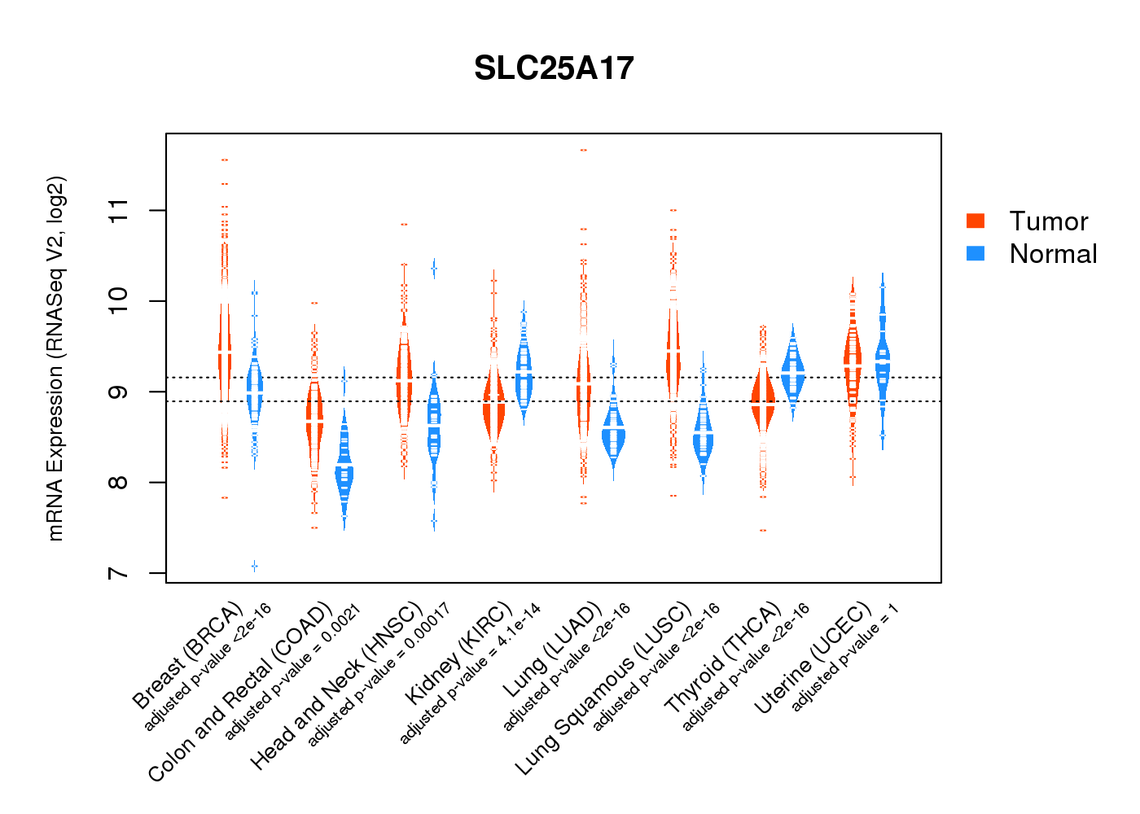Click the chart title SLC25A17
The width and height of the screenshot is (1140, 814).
pyautogui.click(x=554, y=68)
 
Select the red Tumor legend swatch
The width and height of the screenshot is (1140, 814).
pyautogui.click(x=975, y=221)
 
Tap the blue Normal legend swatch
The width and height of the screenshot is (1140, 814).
pyautogui.click(x=975, y=253)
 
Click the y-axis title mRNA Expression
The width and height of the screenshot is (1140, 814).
pyautogui.click(x=55, y=358)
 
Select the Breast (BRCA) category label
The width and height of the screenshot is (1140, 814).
pyautogui.click(x=188, y=655)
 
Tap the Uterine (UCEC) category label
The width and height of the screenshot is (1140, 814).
pyautogui.click(x=813, y=659)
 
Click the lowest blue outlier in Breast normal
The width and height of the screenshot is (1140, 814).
pyautogui.click(x=255, y=566)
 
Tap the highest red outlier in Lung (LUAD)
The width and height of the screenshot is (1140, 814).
pyautogui.click(x=583, y=151)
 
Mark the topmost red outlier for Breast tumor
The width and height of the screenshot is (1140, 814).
pyautogui.click(x=225, y=160)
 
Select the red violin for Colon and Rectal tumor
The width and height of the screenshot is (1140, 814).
pyautogui.click(x=314, y=418)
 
